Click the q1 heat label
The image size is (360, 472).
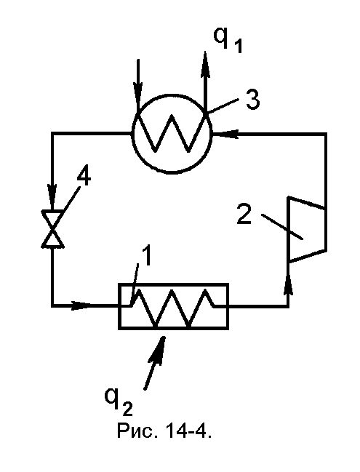(x=228, y=40)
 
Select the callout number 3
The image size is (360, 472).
(x=252, y=99)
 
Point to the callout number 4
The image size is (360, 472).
(x=84, y=177)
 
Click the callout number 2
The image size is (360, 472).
(x=244, y=214)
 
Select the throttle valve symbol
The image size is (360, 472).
(x=52, y=228)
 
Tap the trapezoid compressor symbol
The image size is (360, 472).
(x=307, y=229)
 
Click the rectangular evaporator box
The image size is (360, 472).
(x=173, y=306)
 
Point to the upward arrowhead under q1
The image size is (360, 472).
(x=205, y=61)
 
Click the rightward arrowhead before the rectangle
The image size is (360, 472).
(x=81, y=306)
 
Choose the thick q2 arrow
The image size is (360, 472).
(x=156, y=362)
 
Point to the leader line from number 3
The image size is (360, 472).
(x=223, y=105)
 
